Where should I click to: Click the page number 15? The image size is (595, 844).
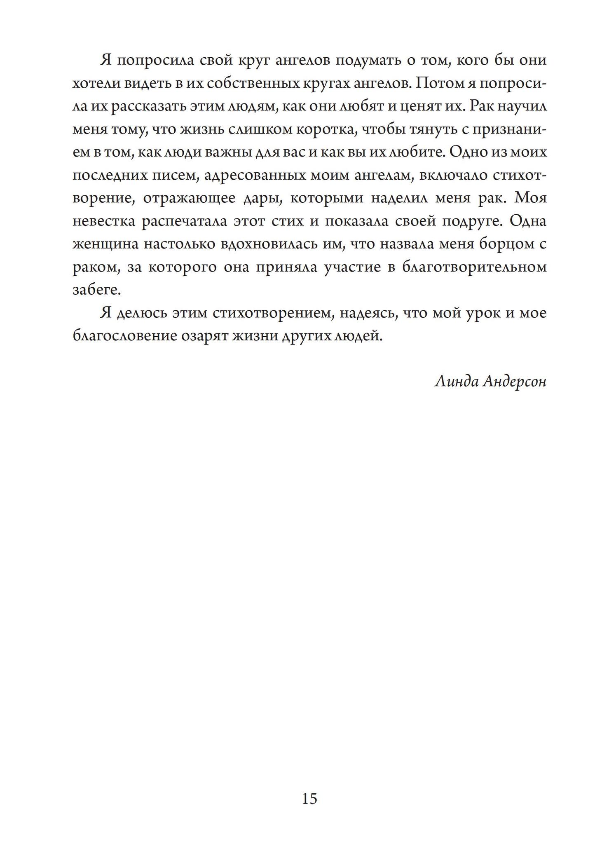click(x=309, y=799)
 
